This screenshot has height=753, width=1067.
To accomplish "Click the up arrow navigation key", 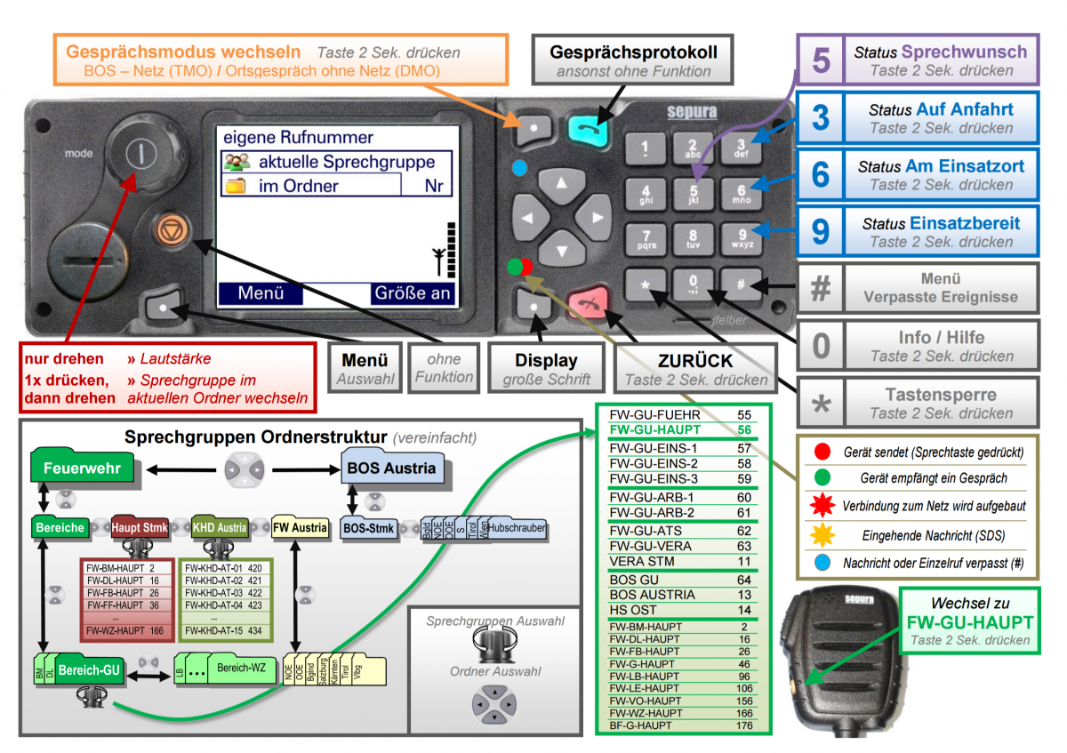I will point(560,184).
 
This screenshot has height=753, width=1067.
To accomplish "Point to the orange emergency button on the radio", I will point(166,228).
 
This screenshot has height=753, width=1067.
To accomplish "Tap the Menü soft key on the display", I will point(261,293).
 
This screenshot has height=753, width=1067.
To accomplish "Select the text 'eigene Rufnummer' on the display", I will point(298,138).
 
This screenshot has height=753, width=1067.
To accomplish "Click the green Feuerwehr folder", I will point(82,468).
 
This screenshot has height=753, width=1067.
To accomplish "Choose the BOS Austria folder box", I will point(391,468).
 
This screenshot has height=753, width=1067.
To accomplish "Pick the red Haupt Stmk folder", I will point(140,527).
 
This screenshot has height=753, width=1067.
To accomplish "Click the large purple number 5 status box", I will point(822,60).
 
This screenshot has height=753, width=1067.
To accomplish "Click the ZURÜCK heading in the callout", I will point(695,361).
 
